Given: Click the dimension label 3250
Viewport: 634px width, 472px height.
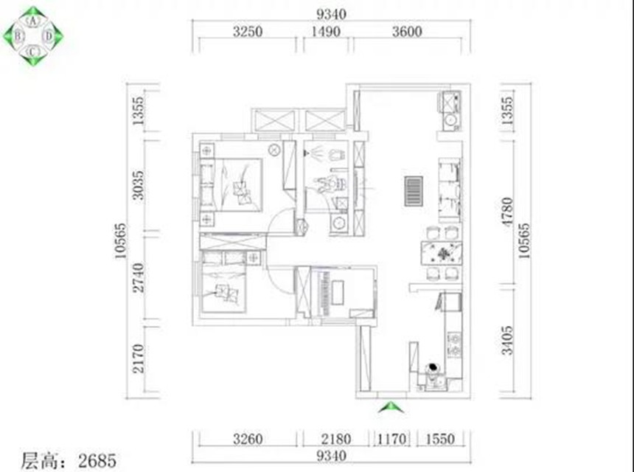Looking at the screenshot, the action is tap(248, 32).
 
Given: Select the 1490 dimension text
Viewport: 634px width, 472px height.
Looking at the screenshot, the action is tap(326, 32).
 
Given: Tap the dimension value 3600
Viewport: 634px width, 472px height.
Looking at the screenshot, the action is tap(407, 32).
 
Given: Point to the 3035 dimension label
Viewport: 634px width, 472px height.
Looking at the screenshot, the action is tap(138, 186).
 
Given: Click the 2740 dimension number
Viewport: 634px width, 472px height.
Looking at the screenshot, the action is tap(138, 277).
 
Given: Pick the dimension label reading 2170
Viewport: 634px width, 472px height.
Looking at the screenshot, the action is tap(138, 358).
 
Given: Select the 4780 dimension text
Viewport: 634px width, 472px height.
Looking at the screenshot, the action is tap(507, 212).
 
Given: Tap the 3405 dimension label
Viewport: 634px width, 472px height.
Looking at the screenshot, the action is tap(507, 341).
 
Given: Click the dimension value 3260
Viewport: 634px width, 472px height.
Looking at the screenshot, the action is tap(248, 440).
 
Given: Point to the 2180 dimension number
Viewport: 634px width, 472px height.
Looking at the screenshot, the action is tap(336, 440).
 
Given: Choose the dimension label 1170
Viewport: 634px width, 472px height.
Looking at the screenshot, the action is tap(391, 440).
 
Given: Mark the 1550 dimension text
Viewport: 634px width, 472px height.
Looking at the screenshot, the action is tap(440, 440).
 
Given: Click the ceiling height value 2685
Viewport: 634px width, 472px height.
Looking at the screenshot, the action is tap(97, 461).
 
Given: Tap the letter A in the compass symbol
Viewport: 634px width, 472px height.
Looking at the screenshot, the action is tap(33, 21).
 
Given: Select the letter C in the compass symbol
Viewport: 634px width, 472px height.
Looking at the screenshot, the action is tap(33, 52).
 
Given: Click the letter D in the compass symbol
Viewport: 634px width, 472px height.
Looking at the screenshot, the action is tap(49, 36).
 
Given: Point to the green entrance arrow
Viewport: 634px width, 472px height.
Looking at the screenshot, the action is tap(391, 407).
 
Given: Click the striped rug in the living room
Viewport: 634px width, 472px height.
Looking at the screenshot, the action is tap(414, 191).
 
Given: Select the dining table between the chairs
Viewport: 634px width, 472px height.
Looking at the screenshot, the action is tap(442, 253).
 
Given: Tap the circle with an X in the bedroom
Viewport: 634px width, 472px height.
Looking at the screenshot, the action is tap(274, 150).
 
